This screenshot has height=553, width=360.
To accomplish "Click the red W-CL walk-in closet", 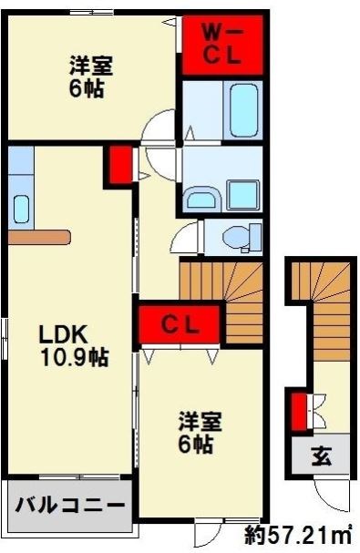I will tap(221, 45).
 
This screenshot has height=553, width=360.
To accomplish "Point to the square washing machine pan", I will tap(242, 194).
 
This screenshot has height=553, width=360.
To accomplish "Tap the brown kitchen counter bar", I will tap(37, 237).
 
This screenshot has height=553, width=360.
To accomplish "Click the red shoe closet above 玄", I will tap(298, 411).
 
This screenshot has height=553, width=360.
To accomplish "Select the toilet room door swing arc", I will tap(182, 241).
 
